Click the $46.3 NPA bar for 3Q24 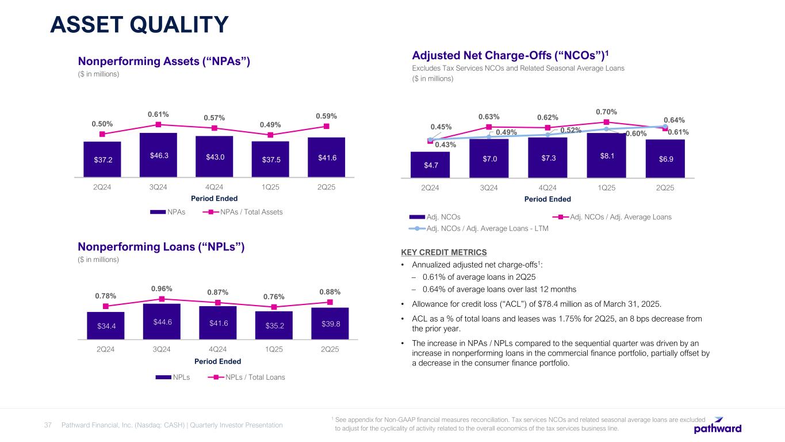tap(158, 155)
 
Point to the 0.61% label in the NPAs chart tap(158, 114)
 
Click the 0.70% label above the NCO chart tap(606, 111)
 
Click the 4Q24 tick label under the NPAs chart tap(214, 188)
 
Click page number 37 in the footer tap(48, 425)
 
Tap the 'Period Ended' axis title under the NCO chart tap(547, 199)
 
